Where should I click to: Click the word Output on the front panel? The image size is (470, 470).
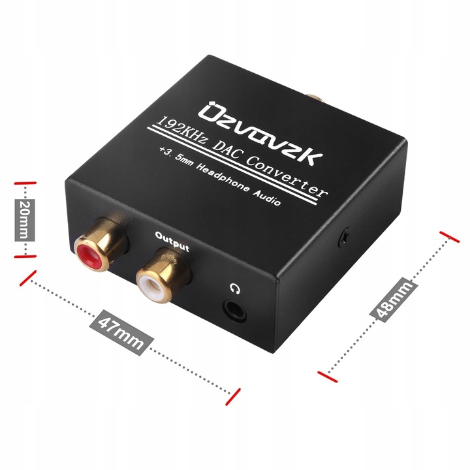(x=172, y=244)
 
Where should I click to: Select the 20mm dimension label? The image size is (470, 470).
(x=24, y=220)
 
